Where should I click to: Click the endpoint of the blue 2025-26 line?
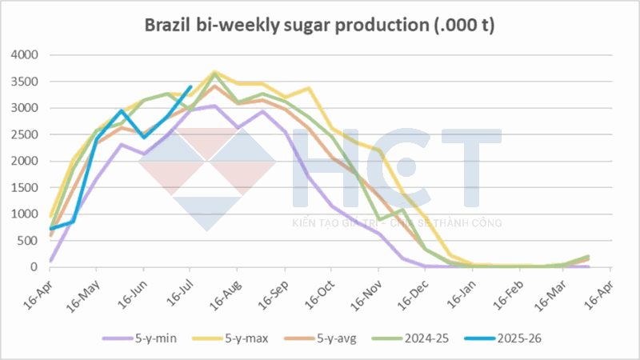pos(190,86)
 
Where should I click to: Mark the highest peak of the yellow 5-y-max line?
pos(214,72)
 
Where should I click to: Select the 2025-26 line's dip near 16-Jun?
pos(144,137)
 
